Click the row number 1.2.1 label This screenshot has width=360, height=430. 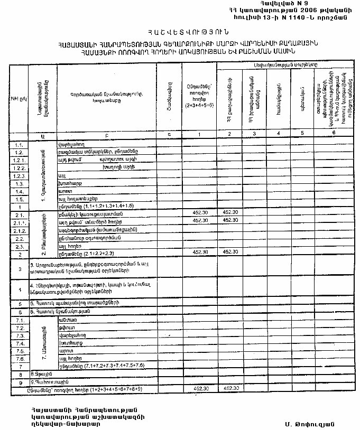tap(19, 159)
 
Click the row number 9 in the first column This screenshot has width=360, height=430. tap(20, 381)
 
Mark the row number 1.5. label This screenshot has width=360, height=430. tap(20, 199)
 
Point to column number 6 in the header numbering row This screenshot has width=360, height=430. tap(333, 133)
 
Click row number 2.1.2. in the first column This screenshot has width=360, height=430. tap(20, 230)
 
